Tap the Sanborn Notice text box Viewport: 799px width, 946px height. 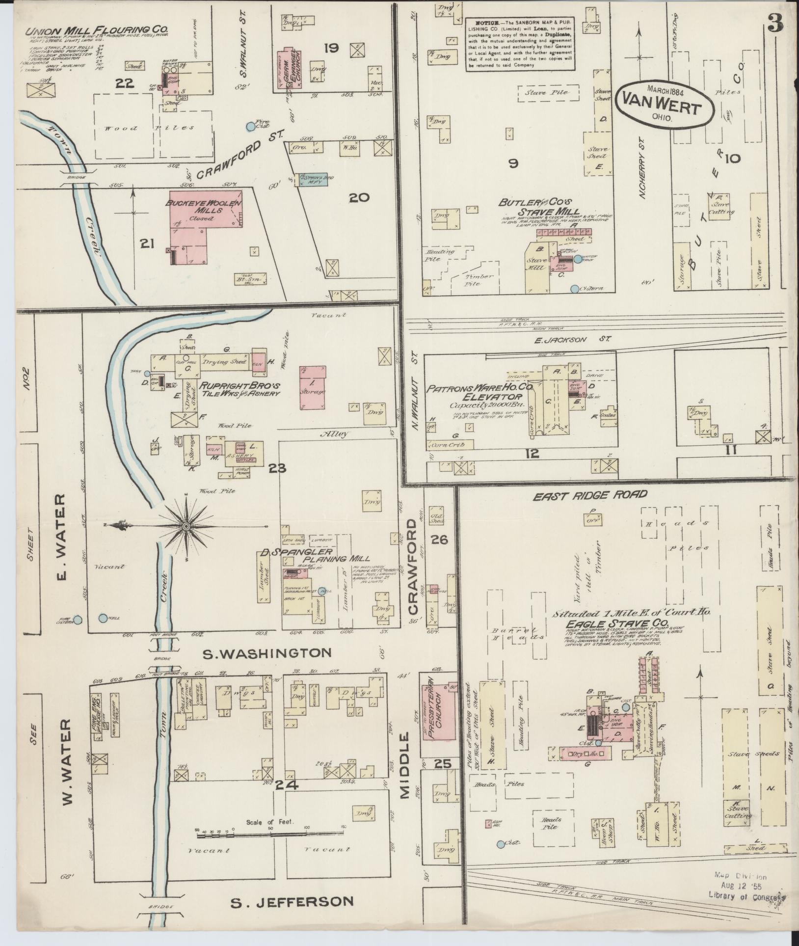(521, 44)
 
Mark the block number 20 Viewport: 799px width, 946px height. (359, 198)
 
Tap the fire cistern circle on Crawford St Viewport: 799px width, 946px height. (251, 127)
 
